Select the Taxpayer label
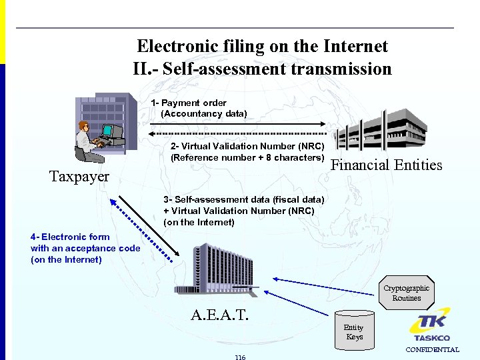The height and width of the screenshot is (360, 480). pyautogui.click(x=79, y=177)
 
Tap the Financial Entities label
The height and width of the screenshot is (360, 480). pyautogui.click(x=387, y=165)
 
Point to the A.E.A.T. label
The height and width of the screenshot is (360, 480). pyautogui.click(x=219, y=314)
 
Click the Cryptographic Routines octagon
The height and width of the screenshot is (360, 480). pyautogui.click(x=407, y=293)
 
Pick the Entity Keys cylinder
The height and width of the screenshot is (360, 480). pyautogui.click(x=354, y=331)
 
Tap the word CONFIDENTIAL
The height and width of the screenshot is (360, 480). pyautogui.click(x=433, y=349)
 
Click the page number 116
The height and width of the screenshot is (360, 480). pyautogui.click(x=240, y=357)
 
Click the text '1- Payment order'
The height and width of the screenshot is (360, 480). pyautogui.click(x=189, y=103)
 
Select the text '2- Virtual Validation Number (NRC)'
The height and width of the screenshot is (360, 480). pyautogui.click(x=247, y=146)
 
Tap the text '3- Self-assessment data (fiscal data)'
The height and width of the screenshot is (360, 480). pyautogui.click(x=244, y=199)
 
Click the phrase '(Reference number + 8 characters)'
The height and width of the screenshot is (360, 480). pyautogui.click(x=247, y=157)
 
